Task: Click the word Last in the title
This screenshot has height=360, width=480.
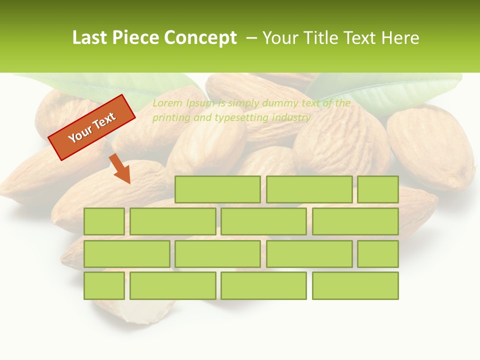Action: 90,38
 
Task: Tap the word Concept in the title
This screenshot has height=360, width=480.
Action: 201,38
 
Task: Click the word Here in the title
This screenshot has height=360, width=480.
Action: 400,38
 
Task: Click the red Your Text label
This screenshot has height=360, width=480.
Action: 92,127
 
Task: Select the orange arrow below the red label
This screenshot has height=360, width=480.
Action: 120,169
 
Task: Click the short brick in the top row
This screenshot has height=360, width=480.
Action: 377,189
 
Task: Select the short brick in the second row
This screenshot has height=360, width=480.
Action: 104,221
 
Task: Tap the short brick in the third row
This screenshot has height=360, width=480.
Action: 377,253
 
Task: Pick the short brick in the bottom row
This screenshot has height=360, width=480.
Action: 104,285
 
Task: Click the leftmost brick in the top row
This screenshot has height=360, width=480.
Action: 217,189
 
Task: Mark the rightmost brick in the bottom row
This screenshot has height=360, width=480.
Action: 355,285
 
